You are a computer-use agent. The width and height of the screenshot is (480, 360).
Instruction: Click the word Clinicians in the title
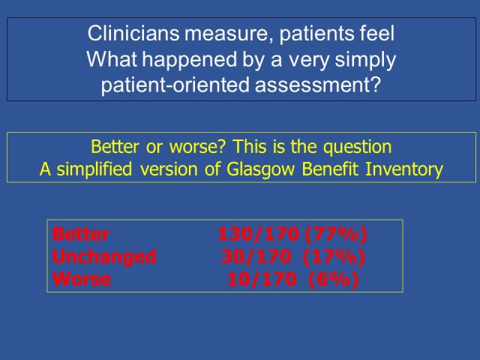133,33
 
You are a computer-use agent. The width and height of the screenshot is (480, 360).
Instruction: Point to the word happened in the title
190,60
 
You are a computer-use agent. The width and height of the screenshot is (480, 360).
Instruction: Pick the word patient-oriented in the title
175,85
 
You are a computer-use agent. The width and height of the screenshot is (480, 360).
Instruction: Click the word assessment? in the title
318,85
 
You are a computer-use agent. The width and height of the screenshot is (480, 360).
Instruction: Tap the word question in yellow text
358,148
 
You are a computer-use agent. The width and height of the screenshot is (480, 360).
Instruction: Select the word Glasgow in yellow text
260,170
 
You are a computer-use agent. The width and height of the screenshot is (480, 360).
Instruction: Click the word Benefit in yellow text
330,169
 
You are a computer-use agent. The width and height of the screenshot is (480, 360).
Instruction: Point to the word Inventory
404,170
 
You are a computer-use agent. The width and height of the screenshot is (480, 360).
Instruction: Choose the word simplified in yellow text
94,170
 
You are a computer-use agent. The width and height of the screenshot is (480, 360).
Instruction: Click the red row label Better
81,234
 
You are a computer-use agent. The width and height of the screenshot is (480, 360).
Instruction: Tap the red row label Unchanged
104,257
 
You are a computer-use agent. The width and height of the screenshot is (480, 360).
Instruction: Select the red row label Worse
82,279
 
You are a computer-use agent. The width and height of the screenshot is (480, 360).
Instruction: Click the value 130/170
258,235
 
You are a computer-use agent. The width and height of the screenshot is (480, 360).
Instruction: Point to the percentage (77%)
336,235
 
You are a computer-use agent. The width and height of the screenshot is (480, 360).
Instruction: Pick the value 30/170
256,257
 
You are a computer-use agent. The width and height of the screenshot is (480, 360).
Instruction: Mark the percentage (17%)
334,257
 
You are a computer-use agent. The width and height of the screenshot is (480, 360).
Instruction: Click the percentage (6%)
333,280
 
